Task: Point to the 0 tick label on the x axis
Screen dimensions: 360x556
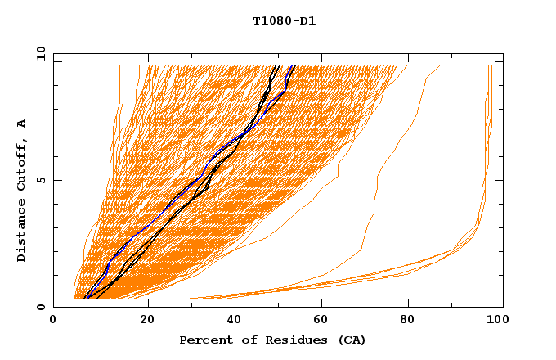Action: (54, 320)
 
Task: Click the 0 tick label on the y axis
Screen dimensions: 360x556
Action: (41, 307)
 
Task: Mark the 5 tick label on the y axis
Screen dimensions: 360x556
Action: (41, 180)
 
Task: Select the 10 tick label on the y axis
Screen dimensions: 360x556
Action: (39, 53)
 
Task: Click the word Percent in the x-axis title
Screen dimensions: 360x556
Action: (202, 340)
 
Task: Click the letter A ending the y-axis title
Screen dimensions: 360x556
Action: (22, 123)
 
